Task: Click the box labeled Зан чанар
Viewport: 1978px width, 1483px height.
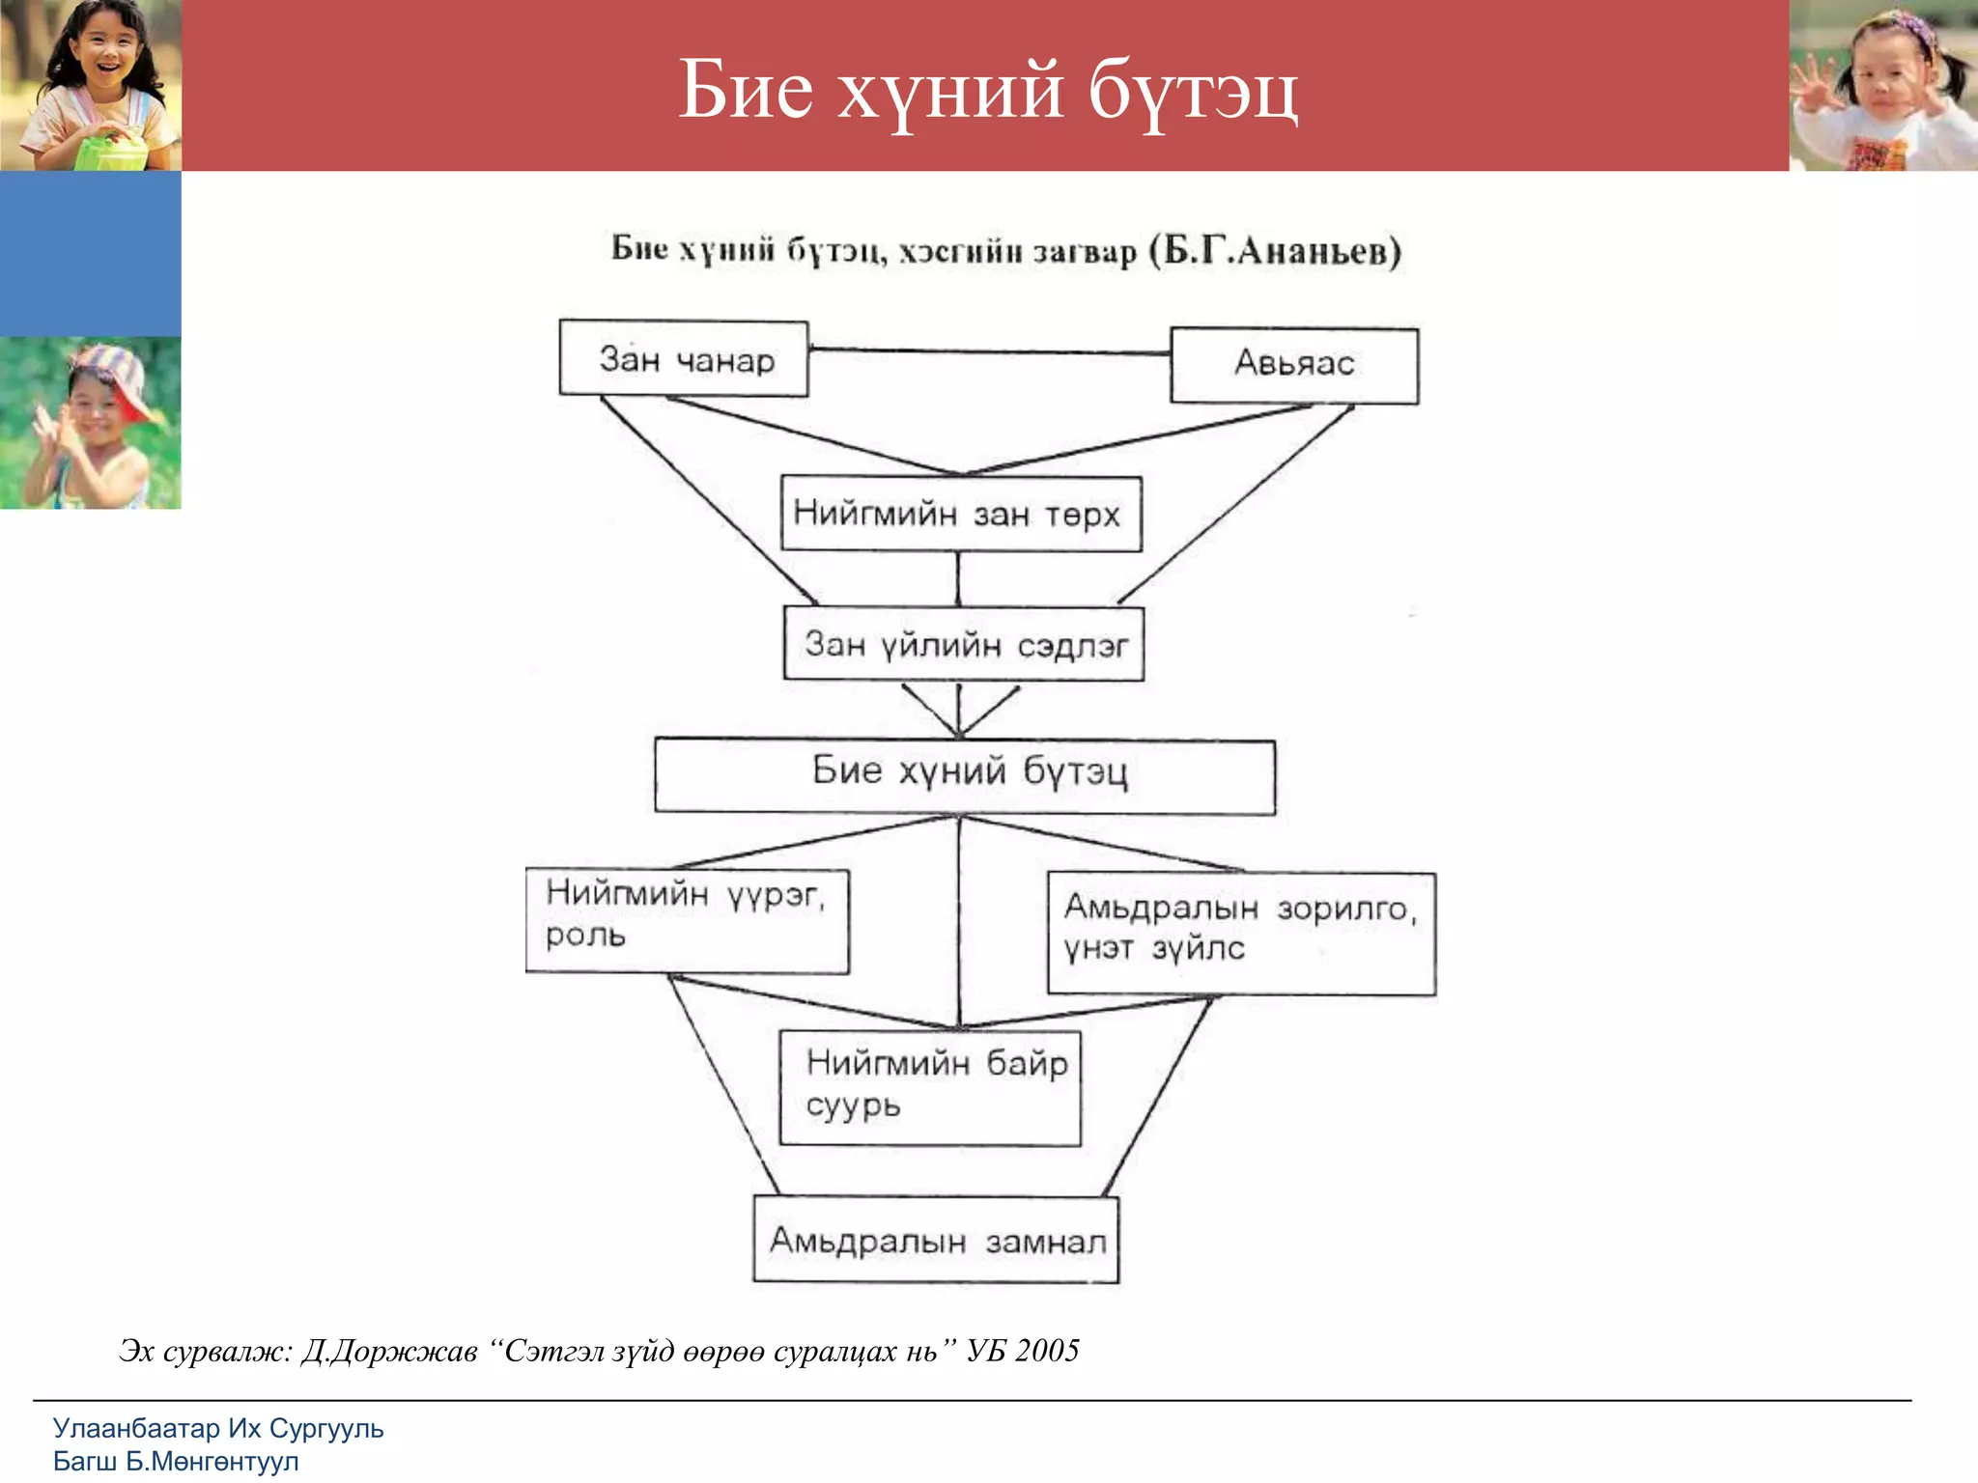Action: click(684, 359)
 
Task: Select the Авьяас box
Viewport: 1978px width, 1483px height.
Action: click(1294, 365)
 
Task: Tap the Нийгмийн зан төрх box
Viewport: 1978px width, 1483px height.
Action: click(960, 514)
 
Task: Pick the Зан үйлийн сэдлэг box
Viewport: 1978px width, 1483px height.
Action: click(964, 644)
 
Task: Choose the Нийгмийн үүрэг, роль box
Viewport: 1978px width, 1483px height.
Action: click(687, 920)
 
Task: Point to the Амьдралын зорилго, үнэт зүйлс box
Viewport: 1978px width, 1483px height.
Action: click(1241, 933)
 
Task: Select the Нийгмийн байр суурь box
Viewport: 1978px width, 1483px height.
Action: click(930, 1088)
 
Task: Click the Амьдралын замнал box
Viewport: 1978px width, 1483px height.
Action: click(936, 1240)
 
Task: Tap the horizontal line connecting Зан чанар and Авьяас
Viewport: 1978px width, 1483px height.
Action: click(989, 351)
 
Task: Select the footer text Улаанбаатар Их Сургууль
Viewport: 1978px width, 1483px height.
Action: click(218, 1428)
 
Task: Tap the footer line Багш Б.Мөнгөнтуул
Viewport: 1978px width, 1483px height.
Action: click(176, 1462)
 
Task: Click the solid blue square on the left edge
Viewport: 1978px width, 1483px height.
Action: click(90, 254)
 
